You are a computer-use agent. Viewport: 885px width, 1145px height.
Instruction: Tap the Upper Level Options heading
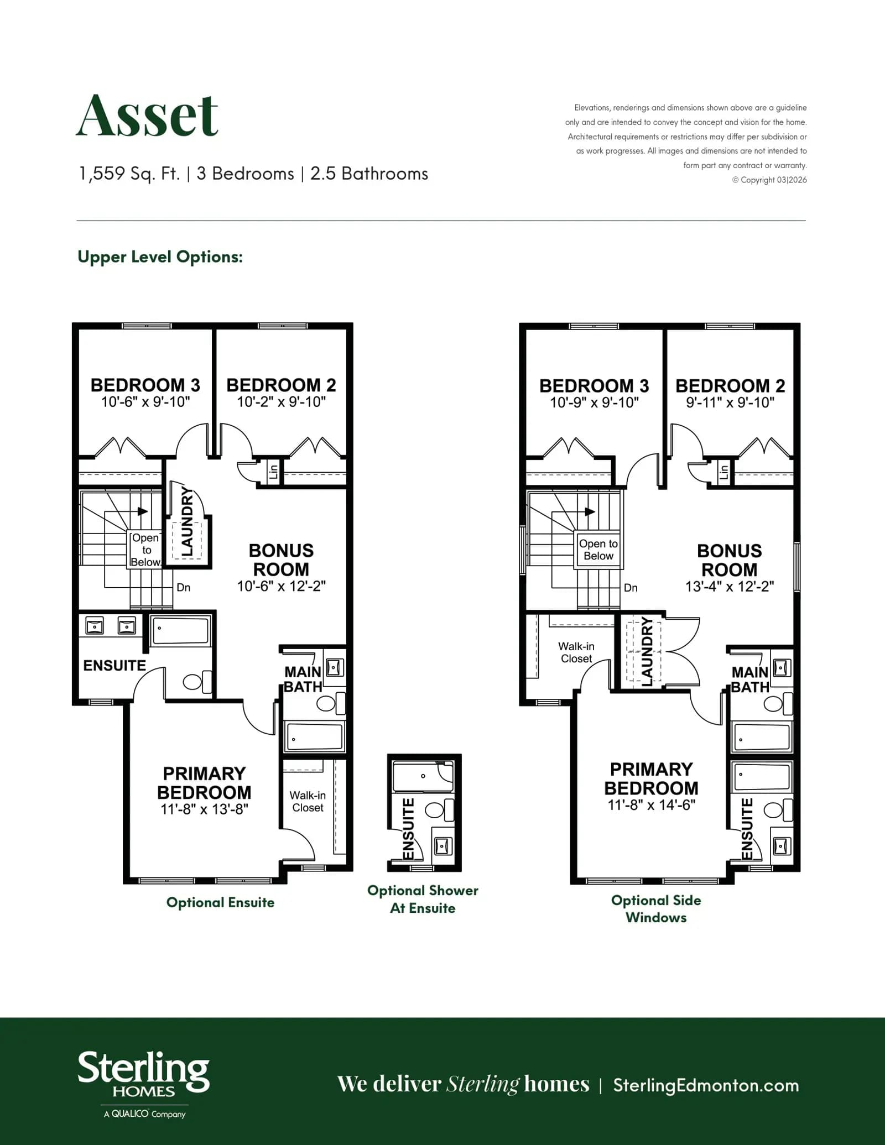point(160,257)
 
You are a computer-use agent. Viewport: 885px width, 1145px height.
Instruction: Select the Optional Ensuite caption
point(220,902)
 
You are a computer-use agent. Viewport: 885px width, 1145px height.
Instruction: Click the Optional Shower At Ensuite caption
point(423,899)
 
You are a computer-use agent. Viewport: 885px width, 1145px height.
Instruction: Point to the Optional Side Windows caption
point(656,908)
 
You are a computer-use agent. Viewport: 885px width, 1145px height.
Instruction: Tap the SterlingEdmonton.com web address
point(706,1085)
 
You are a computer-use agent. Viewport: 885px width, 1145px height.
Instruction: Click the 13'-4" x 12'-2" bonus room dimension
point(730,587)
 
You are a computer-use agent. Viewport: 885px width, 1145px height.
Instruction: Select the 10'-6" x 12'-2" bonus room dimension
point(282,586)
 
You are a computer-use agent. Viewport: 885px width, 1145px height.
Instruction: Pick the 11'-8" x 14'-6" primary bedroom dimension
point(651,805)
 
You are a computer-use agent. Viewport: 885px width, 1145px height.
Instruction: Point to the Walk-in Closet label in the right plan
point(576,652)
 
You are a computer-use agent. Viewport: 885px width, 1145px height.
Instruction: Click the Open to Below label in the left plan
point(145,550)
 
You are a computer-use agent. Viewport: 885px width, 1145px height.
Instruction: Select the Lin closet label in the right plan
point(723,472)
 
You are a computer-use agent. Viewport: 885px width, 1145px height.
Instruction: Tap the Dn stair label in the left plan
point(184,587)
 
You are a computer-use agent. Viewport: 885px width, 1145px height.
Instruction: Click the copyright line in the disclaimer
point(769,180)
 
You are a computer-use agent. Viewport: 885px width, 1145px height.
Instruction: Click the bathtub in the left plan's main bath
point(314,736)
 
